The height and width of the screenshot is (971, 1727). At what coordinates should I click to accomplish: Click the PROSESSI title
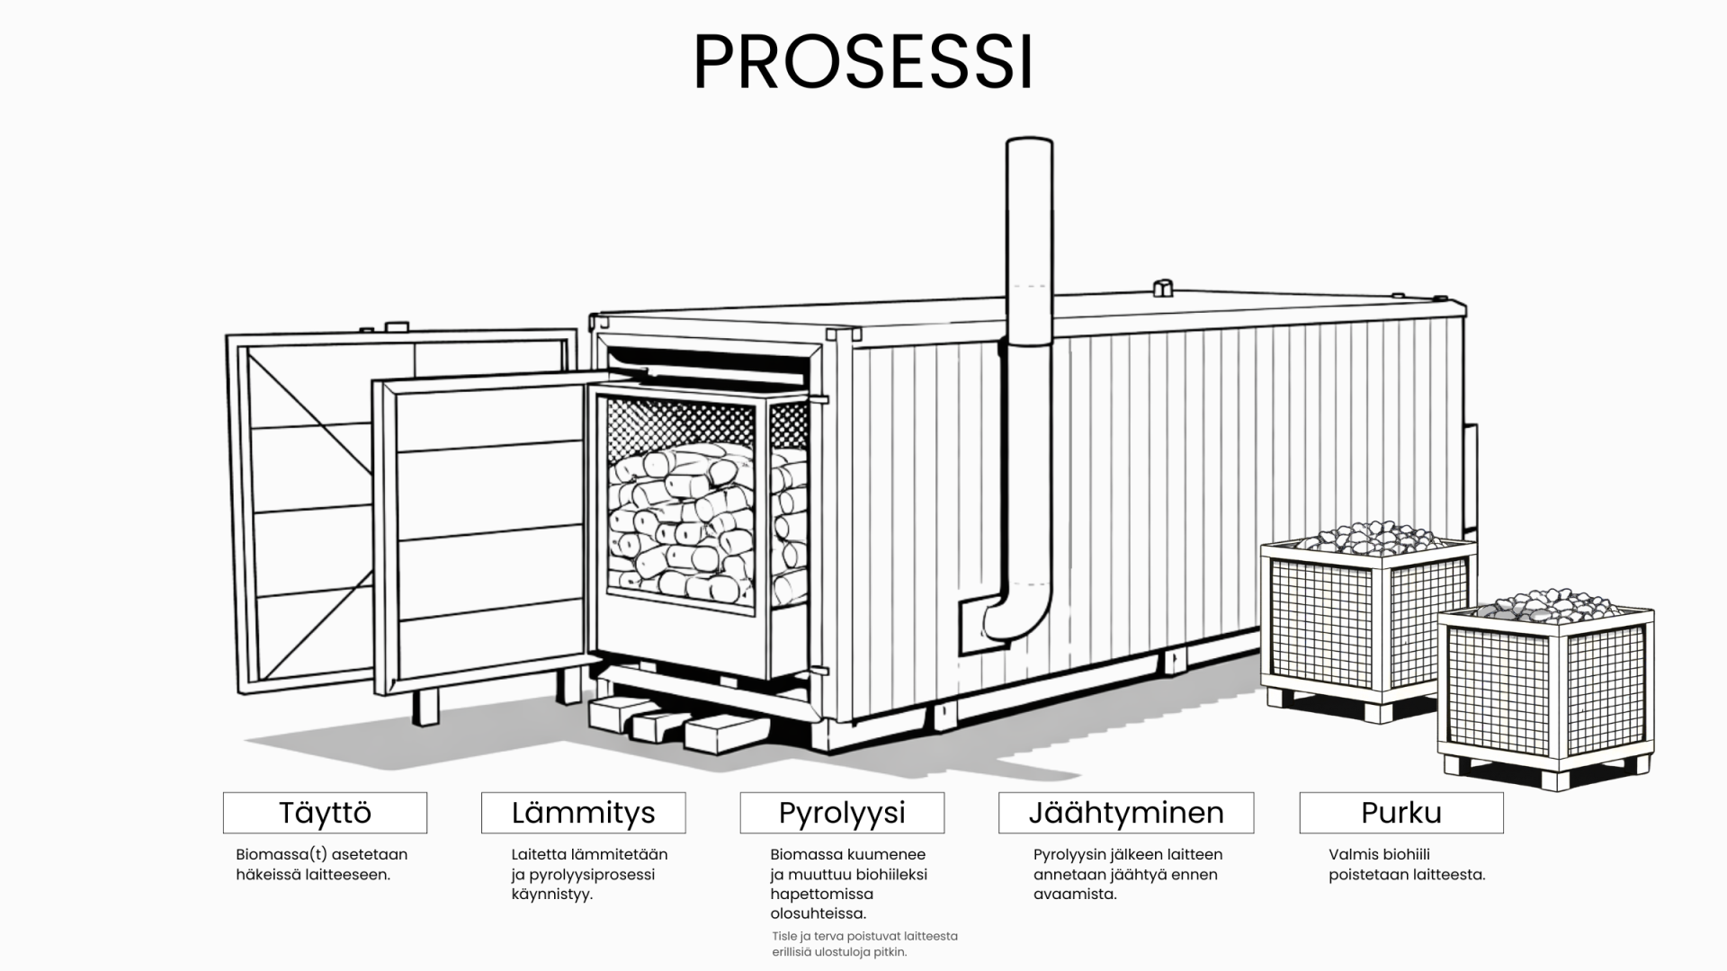click(x=863, y=63)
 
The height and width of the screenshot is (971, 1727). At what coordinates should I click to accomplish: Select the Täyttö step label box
click(x=325, y=813)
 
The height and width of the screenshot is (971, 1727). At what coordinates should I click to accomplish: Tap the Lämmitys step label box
click(x=583, y=813)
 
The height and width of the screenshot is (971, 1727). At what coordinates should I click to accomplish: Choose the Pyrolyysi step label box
click(x=842, y=813)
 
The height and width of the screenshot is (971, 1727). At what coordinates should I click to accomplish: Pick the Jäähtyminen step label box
click(x=1125, y=813)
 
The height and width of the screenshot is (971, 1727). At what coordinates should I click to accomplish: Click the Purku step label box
click(x=1400, y=813)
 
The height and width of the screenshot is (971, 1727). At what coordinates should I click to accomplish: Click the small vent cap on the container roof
click(x=1162, y=288)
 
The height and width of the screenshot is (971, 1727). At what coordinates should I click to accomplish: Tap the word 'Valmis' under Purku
click(x=1354, y=854)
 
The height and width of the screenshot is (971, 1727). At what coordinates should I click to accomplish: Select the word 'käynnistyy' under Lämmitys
click(x=551, y=894)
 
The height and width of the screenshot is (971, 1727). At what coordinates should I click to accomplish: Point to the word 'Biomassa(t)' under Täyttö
click(x=277, y=854)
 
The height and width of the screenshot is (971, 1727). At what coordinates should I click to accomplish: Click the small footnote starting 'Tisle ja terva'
click(x=863, y=943)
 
